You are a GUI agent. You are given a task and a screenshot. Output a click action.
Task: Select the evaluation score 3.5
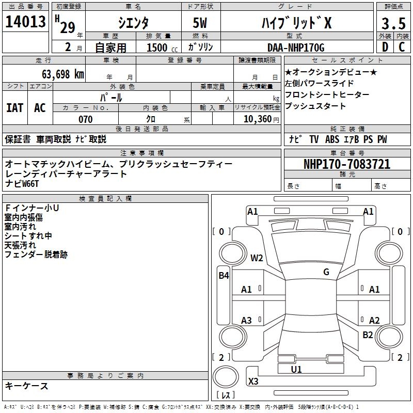393,23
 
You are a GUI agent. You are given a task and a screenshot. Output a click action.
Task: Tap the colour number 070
85,119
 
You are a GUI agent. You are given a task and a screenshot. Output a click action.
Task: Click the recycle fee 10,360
257,119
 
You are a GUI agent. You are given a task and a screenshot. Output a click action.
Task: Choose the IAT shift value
14,107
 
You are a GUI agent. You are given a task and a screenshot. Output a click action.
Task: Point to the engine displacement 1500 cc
161,47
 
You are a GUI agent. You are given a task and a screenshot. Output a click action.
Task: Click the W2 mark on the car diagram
257,258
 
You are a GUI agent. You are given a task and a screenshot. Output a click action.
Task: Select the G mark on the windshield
326,272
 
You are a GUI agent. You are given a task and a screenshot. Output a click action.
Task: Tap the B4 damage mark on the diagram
223,276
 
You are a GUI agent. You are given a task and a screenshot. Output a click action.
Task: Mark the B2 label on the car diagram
367,335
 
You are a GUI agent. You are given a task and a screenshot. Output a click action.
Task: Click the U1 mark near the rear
296,369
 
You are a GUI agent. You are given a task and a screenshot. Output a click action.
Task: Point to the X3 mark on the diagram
253,382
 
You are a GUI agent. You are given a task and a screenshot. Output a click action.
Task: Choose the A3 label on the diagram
246,321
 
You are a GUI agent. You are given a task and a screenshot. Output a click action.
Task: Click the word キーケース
26,386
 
